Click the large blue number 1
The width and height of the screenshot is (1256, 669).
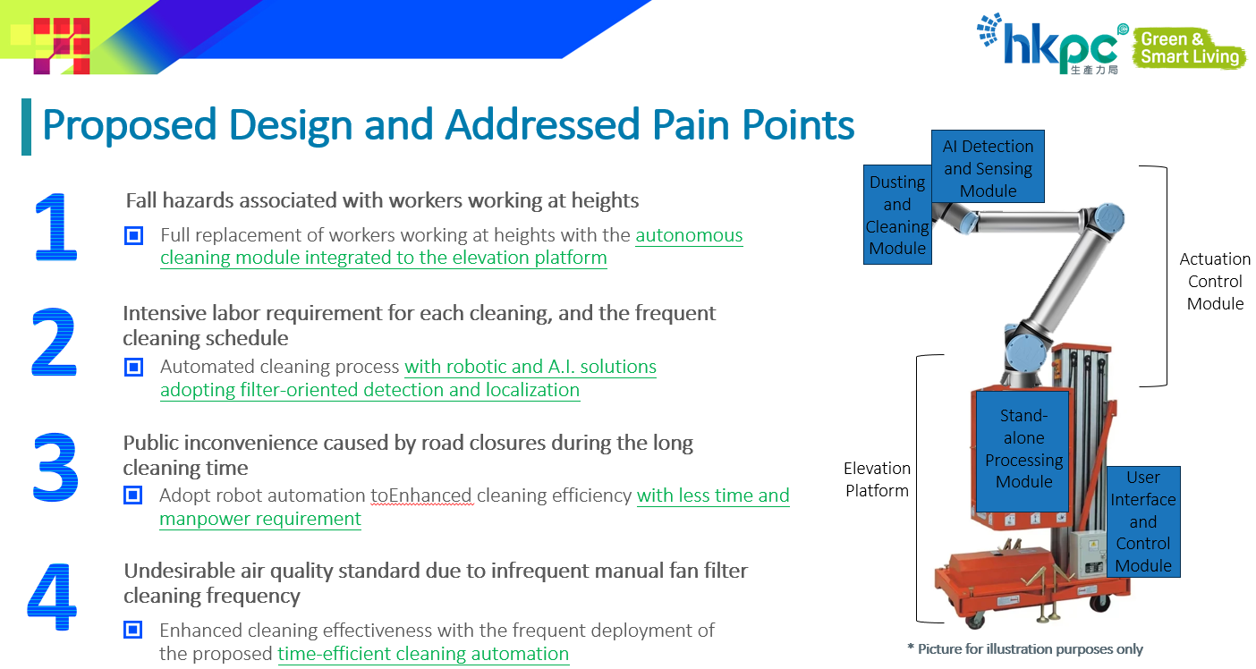55,227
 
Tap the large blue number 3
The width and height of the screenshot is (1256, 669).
55,469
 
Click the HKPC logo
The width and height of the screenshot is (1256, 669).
1051,45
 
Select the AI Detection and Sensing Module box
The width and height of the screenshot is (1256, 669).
988,167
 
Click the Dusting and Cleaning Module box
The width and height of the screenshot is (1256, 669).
897,215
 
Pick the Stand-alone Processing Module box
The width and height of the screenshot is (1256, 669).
1023,449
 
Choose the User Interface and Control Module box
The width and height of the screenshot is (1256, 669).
1142,521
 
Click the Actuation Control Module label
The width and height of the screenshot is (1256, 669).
1215,281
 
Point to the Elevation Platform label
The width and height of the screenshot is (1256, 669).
877,479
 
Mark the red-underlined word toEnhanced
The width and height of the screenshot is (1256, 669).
420,495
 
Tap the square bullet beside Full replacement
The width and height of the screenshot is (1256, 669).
133,236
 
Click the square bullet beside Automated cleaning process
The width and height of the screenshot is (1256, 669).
133,367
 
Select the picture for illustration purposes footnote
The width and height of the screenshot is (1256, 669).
1024,649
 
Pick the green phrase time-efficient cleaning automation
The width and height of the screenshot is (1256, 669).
423,654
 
